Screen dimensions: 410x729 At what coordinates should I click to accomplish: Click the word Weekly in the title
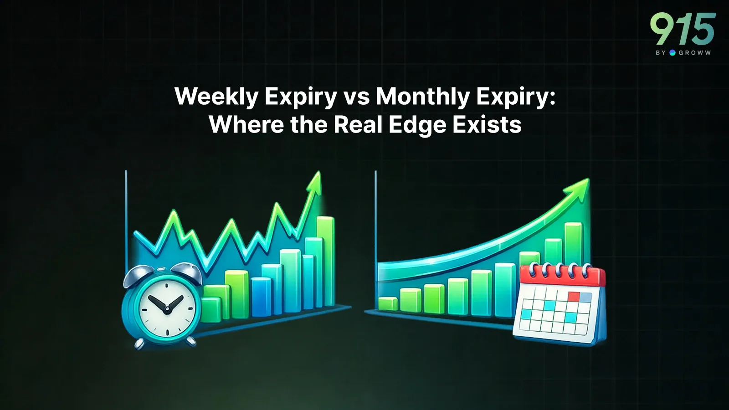coord(216,96)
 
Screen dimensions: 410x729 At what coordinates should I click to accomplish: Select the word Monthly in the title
coord(423,96)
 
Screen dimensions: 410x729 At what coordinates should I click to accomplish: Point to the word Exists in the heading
coord(487,124)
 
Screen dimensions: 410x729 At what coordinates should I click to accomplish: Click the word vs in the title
coord(357,97)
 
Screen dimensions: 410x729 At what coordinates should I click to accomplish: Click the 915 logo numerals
coord(683,29)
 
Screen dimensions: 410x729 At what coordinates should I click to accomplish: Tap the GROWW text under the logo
coord(694,53)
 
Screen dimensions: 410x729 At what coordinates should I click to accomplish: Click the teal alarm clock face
coord(166,309)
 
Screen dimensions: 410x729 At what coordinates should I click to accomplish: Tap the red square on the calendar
coord(574,297)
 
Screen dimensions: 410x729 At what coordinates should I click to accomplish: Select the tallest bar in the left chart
coord(325,262)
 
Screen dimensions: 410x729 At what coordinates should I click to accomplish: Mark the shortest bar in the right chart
coord(388,303)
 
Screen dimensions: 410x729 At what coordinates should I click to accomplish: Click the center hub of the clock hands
coord(167,309)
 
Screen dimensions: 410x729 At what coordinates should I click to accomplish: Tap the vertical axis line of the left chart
coord(126,219)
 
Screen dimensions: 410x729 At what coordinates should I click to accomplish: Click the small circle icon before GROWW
coord(672,53)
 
